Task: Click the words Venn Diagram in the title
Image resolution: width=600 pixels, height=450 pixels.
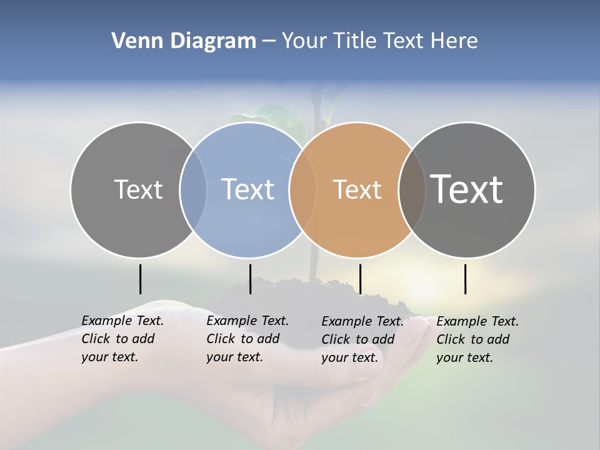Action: click(183, 41)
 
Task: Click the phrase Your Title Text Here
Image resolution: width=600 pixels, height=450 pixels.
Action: click(379, 41)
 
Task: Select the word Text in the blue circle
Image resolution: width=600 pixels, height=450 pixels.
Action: click(248, 189)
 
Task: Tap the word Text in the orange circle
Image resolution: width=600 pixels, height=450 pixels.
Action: click(357, 189)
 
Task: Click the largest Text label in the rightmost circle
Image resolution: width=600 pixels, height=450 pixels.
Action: click(467, 189)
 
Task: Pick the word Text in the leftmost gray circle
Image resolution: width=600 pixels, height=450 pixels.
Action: click(138, 189)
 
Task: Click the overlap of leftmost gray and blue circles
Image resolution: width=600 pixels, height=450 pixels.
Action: click(193, 189)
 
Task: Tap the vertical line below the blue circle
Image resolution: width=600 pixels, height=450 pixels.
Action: click(250, 279)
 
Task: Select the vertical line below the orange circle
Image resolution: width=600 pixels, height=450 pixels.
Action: click(360, 279)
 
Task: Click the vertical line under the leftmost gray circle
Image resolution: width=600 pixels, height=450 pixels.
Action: click(140, 279)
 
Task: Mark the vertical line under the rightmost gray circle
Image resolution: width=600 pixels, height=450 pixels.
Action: click(465, 279)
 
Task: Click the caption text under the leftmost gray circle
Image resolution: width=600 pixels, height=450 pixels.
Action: click(122, 339)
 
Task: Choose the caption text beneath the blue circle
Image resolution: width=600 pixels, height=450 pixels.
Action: click(247, 339)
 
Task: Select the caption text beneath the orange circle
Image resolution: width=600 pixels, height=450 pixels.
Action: click(362, 339)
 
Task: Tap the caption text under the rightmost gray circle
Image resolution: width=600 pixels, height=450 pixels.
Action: click(477, 339)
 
